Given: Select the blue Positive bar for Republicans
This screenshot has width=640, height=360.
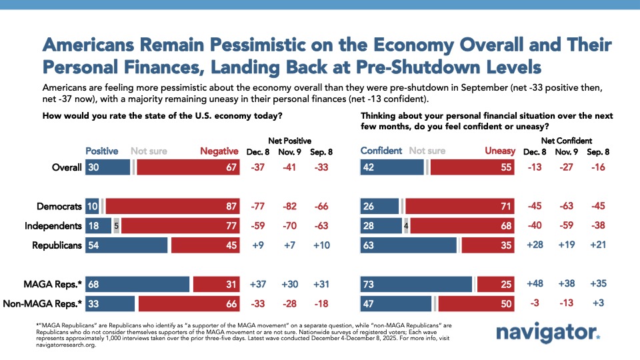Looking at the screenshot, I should [x=126, y=245].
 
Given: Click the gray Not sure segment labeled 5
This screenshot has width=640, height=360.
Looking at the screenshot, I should [x=117, y=226].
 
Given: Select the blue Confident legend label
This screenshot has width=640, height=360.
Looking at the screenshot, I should [x=381, y=151].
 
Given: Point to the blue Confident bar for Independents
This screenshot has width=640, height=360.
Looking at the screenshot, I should [x=381, y=226].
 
